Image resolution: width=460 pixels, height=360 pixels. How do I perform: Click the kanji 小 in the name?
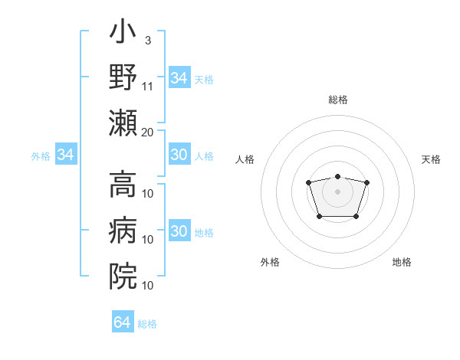(x=123, y=35)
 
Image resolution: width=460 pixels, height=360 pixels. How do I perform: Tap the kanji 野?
(x=123, y=78)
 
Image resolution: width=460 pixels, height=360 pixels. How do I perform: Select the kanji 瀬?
(x=123, y=123)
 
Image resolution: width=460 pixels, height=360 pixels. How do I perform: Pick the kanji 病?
(x=123, y=230)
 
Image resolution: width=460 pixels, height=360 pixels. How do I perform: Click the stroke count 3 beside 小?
(x=147, y=40)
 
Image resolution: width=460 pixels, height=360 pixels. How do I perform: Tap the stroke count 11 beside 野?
(x=149, y=86)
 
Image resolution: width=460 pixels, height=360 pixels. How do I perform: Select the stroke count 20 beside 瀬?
(x=148, y=131)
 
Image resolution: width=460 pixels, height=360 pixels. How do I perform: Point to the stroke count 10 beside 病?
(x=149, y=240)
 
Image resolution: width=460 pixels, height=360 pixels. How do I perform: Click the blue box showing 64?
(x=122, y=322)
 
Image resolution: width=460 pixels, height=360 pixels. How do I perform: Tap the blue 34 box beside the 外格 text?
(x=66, y=155)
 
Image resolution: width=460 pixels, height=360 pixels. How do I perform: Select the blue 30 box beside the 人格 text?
(x=179, y=155)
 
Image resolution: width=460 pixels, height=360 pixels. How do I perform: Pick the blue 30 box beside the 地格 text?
(x=179, y=231)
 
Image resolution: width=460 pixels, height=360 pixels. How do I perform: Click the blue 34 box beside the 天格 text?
(x=179, y=78)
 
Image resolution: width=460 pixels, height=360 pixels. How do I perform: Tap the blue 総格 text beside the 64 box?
(x=147, y=324)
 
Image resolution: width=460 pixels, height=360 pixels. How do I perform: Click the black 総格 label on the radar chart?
(x=337, y=100)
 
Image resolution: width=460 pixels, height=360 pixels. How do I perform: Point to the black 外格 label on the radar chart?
(x=270, y=262)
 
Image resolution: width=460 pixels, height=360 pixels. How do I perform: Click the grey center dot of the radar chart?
(x=337, y=191)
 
